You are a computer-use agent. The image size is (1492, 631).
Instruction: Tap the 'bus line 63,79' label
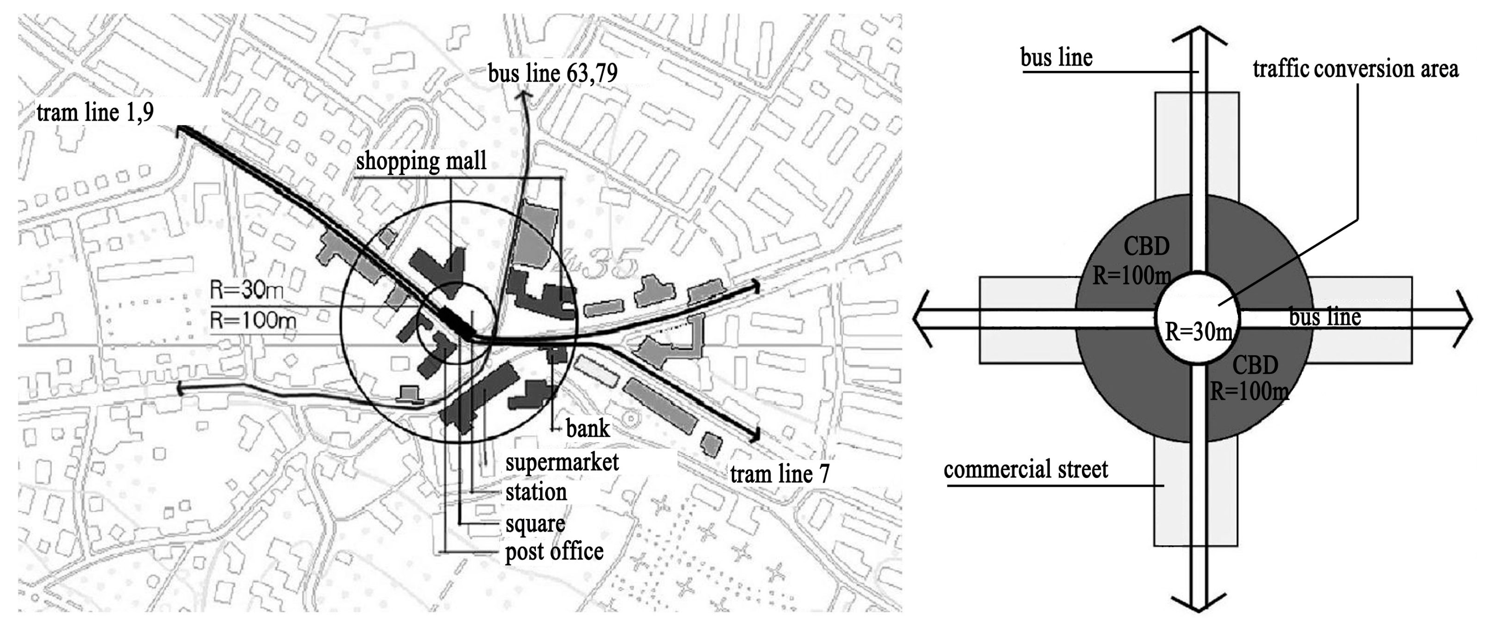point(552,73)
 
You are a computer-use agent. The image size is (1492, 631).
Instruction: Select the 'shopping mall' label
point(421,161)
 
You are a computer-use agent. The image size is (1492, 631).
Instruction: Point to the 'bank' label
point(587,429)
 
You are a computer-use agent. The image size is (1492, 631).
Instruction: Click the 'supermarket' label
point(562,463)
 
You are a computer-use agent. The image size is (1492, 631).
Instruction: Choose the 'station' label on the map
point(536,492)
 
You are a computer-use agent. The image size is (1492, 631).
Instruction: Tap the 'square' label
point(535,524)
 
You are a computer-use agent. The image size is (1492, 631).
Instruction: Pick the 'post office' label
point(554,552)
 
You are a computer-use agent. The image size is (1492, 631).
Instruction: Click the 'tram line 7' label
point(780,474)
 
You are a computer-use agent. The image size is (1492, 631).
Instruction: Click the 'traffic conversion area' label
point(1355,69)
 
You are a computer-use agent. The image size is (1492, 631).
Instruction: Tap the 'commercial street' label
point(1026,469)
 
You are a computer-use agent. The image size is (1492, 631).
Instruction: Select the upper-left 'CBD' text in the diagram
point(1146,247)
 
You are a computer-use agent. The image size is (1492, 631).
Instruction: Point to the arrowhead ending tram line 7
point(754,434)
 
